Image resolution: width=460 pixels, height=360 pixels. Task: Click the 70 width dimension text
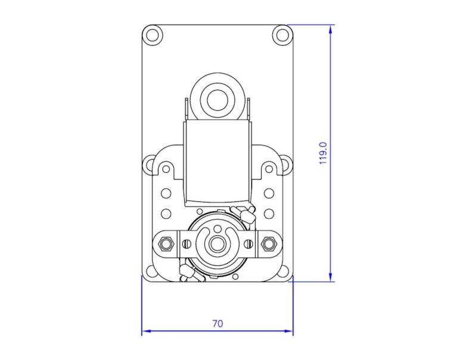pos(217,324)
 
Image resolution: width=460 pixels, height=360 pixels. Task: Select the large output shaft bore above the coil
pos(217,100)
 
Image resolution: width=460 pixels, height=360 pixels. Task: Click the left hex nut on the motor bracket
pos(165,243)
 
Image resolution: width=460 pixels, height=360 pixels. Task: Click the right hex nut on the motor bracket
pos(269,243)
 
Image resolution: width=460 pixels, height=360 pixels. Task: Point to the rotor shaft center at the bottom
pos(217,243)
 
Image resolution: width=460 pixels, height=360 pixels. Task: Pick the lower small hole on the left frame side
pos(166,213)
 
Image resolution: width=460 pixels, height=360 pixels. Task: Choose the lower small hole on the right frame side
pos(269,213)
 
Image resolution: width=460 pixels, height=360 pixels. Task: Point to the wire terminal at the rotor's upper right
pos(244,212)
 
